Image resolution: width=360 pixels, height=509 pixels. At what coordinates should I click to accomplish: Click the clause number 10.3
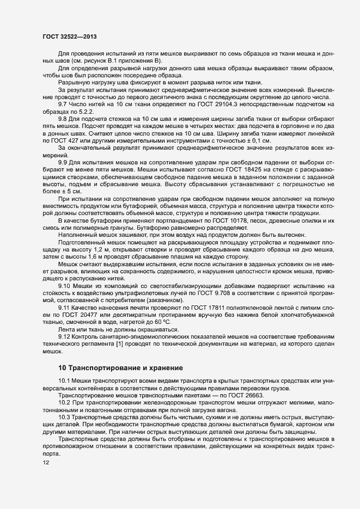64,416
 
